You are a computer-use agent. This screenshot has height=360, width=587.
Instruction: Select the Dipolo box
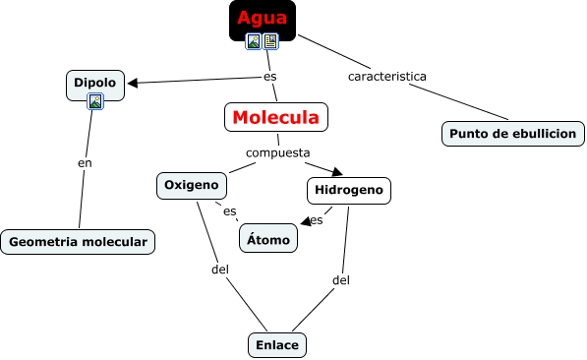click(x=95, y=86)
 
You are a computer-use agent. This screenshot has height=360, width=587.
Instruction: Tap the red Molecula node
click(x=276, y=117)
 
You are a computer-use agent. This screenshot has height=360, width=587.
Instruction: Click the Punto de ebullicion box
click(x=513, y=134)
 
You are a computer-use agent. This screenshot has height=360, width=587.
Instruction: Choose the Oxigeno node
click(x=192, y=186)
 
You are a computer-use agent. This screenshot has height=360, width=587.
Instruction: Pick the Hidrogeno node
click(x=349, y=190)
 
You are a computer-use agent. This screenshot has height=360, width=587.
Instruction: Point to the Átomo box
click(x=268, y=238)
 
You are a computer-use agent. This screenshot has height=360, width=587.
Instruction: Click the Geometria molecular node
click(x=78, y=242)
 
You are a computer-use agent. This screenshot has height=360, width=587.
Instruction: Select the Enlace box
click(x=277, y=345)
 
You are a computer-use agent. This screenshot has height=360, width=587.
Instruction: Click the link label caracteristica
click(x=387, y=77)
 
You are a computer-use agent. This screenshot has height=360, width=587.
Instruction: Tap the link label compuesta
click(x=278, y=152)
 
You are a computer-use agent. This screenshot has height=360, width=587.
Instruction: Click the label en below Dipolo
click(x=85, y=163)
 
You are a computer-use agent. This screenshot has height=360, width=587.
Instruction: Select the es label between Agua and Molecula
click(x=270, y=77)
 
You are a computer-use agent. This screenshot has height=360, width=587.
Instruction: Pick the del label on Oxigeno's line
click(x=220, y=269)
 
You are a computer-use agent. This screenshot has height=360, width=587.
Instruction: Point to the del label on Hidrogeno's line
click(x=341, y=279)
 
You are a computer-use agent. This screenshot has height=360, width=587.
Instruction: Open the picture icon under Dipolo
click(x=95, y=101)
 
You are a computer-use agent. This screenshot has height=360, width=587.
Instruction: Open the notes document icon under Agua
click(x=270, y=41)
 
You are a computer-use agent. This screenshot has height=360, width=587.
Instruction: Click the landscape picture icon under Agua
click(x=254, y=41)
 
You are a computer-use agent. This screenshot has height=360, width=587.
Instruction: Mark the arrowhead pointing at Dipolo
click(x=133, y=84)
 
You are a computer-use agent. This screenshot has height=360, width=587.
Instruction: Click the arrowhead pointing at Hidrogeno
click(x=337, y=171)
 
